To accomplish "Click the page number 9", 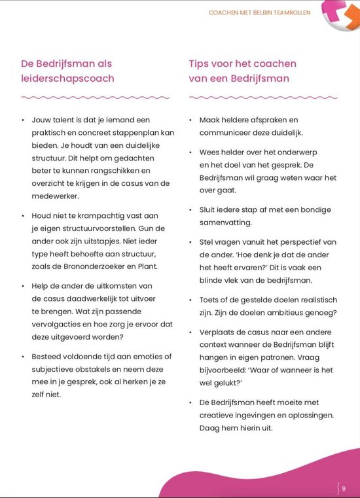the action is (x=344, y=487).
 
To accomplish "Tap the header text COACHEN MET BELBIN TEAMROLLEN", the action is (x=259, y=12).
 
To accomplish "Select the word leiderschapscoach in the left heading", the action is (x=67, y=79).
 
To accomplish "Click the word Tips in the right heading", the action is (x=200, y=63).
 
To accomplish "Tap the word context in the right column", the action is (x=214, y=344).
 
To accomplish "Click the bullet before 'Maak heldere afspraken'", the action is (x=191, y=120).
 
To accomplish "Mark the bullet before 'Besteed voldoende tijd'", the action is (x=23, y=357).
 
